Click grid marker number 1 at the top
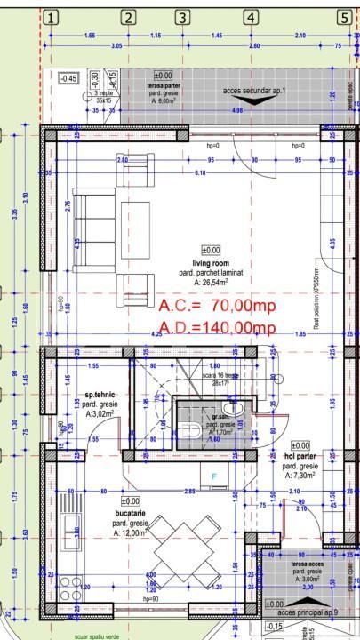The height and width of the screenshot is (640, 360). click(x=52, y=18)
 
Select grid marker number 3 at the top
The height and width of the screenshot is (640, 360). click(x=183, y=18)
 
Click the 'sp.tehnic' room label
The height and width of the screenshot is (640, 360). click(x=100, y=395)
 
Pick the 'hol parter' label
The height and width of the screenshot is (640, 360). click(x=300, y=456)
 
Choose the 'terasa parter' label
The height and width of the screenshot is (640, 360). click(x=166, y=85)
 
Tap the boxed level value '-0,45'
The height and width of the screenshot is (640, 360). click(x=68, y=79)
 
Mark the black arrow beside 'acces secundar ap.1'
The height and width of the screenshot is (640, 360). click(x=252, y=102)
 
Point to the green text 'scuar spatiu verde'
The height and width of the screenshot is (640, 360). click(x=99, y=636)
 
